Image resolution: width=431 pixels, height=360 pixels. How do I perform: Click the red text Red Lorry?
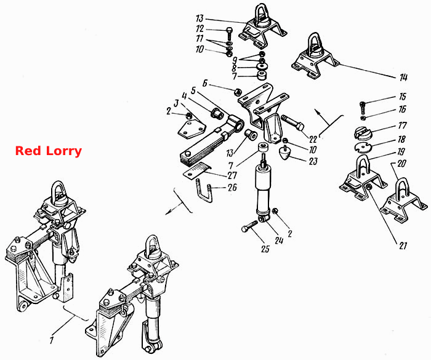pos(49,151)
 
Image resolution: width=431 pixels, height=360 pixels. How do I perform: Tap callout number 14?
pos(403,78)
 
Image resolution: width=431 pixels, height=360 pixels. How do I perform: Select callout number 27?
pos(232,175)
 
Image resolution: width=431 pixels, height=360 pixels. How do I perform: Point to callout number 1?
pos(51,340)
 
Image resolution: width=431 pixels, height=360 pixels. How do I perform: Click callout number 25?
pos(265,249)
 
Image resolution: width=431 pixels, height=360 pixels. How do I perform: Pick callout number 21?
pos(403,245)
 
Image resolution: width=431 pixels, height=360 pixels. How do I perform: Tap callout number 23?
pos(313,161)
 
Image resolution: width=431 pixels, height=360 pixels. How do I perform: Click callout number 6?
pos(205,83)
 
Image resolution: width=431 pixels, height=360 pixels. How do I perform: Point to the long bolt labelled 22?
pos(292,123)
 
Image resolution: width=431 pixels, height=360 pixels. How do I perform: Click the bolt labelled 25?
pos(249,226)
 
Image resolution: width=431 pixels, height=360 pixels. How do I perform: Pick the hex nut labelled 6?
pos(238,92)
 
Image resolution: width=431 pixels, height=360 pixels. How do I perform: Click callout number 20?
pos(401,164)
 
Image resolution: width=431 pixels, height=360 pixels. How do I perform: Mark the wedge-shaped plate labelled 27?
pos(197,172)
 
